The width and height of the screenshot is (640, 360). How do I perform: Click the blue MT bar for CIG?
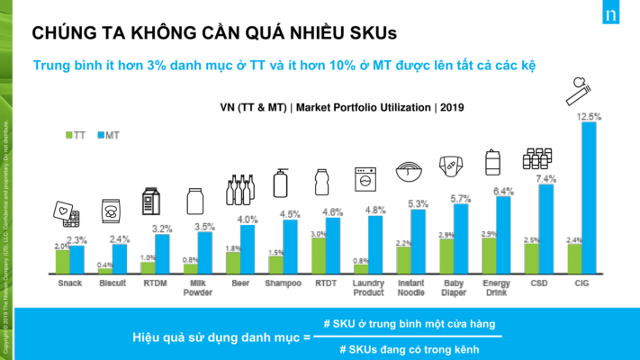point(589,198)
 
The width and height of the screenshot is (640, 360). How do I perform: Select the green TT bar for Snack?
point(62,261)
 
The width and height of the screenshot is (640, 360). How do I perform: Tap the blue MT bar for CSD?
point(546,229)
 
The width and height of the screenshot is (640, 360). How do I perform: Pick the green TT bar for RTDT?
point(318,255)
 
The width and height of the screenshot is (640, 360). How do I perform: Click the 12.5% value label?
point(588,115)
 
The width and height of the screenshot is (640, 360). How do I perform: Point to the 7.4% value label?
point(545,179)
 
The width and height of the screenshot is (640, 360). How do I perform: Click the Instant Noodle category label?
point(410,287)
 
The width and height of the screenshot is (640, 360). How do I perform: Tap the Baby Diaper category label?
point(453,287)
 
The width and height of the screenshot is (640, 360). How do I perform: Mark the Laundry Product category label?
point(367,287)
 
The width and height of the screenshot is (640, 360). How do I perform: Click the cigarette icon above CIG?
point(579,91)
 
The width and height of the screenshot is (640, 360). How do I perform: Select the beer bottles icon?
point(239,190)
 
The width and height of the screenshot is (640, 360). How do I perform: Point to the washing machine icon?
point(366,177)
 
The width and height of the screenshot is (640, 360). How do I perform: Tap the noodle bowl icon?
point(410,171)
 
